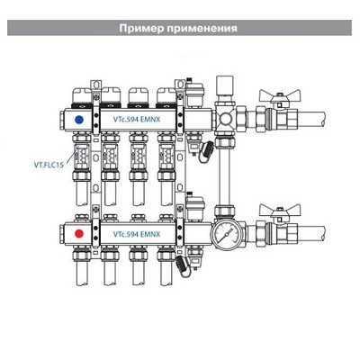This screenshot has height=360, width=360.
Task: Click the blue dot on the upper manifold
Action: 79,120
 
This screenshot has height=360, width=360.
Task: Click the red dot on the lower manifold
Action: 79,233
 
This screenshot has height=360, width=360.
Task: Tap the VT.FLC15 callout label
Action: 49,165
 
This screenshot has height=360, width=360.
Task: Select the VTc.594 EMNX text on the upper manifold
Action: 137,120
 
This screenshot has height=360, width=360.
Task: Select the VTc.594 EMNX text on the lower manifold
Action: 137,234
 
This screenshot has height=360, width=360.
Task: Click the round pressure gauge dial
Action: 224,234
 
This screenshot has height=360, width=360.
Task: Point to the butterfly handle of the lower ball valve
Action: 280,210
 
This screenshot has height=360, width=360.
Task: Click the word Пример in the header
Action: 140,28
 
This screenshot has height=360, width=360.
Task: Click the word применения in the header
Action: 202,29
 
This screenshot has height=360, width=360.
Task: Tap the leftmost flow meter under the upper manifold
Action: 81,157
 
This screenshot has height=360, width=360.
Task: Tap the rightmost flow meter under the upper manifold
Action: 166,157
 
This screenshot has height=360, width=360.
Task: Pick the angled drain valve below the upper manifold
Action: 206,151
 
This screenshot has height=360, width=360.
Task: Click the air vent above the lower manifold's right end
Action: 194,207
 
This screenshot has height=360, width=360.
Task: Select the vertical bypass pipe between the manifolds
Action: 224,176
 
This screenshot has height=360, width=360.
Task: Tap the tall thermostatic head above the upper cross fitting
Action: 224,89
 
